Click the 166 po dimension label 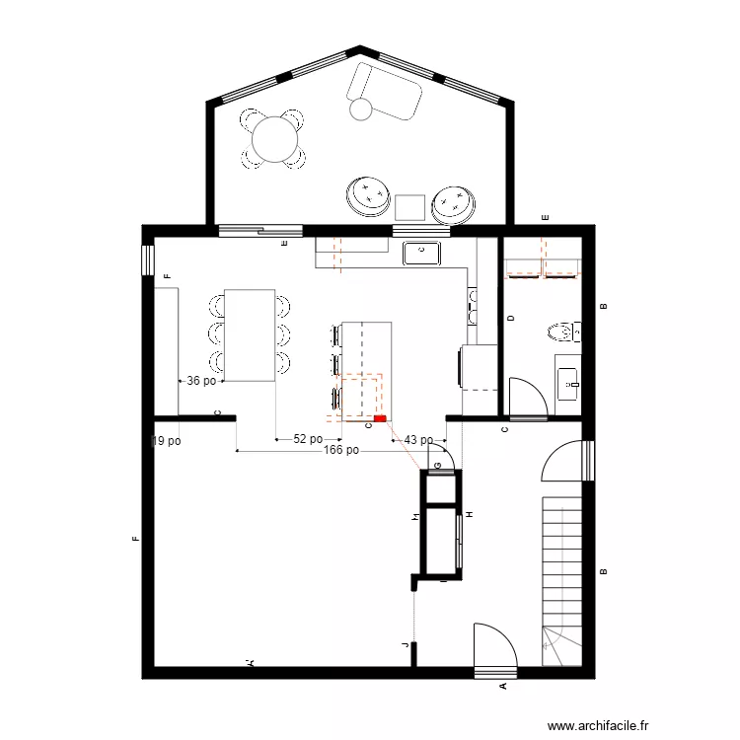point(340,450)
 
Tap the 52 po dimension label point(308,439)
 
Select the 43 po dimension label point(418,440)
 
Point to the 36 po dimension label point(201,380)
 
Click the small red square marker point(380,419)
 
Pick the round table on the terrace point(273,139)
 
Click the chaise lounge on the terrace point(384,92)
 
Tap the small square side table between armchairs point(409,207)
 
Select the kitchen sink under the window point(422,253)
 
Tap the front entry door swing point(495,646)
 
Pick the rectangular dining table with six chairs point(250,334)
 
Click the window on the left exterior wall point(148,259)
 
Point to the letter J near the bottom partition point(405,645)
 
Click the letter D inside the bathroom point(510,318)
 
